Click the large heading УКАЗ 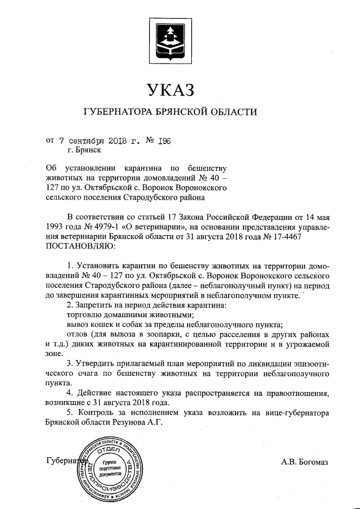[x=173, y=89]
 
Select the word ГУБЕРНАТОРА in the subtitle [x=116, y=112]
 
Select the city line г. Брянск [x=84, y=150]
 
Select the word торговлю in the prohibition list [x=84, y=314]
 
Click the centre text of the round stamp [x=109, y=465]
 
